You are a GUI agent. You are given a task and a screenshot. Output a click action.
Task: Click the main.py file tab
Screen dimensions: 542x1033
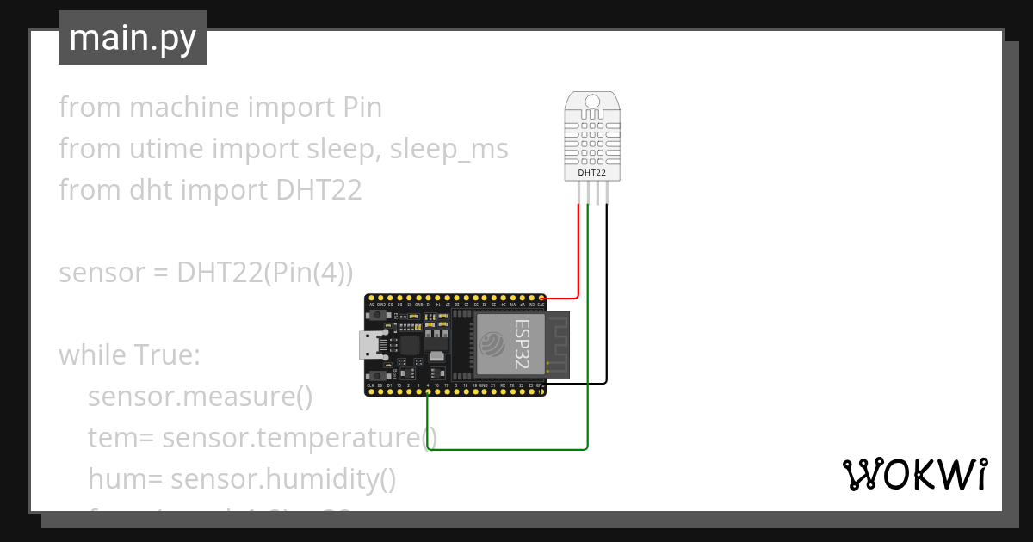[132, 38]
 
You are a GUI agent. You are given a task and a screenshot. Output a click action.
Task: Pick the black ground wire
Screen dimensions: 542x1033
[607, 301]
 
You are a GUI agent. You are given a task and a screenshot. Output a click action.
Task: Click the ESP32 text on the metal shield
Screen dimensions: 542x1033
[523, 344]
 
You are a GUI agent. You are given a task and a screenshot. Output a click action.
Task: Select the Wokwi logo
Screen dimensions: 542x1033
[914, 474]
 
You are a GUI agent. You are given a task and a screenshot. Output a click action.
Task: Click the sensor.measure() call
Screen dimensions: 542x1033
[200, 397]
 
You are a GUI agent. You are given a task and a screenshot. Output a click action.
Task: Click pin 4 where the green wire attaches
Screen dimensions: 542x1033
[429, 393]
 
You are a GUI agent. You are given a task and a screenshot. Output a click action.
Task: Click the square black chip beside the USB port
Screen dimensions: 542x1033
[408, 345]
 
